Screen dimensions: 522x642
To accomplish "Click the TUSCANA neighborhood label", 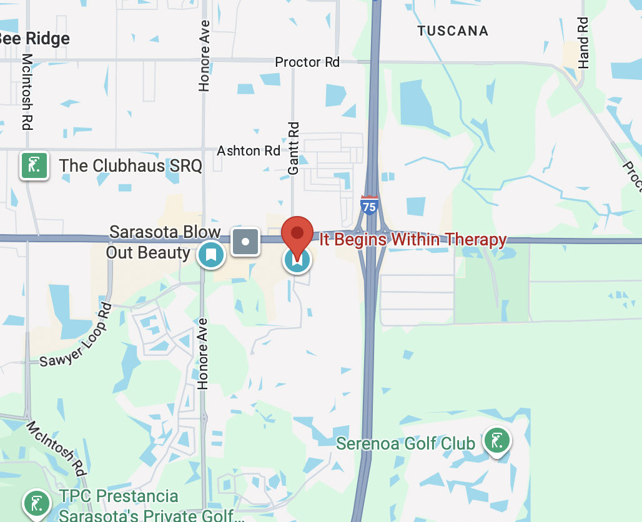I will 453,31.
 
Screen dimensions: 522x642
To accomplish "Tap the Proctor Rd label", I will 307,62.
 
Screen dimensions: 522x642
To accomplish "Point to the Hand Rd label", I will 583,42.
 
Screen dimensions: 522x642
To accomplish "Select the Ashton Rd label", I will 249,151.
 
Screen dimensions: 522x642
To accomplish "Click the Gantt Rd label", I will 294,147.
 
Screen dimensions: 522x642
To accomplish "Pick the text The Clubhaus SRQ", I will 131,166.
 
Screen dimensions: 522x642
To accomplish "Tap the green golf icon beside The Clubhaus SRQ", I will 34,165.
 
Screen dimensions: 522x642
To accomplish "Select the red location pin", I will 297,234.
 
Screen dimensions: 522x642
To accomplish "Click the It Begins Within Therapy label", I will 413,240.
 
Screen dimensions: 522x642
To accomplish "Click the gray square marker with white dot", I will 246,241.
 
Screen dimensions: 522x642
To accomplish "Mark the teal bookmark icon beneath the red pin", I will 297,260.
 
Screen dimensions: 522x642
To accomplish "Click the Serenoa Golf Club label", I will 406,444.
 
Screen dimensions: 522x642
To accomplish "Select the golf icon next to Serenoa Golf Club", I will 496,441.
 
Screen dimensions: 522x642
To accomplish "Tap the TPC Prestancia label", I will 119,497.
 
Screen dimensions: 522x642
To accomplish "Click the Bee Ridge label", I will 34,39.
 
